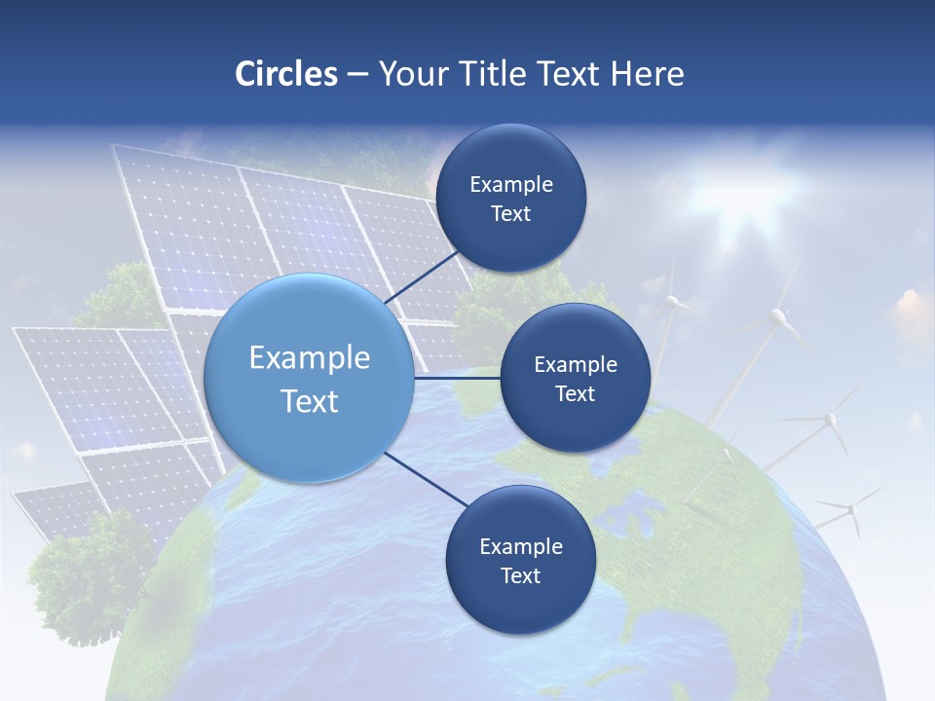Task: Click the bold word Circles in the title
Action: [286, 74]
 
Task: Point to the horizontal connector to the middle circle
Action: [458, 378]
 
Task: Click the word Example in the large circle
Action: [310, 358]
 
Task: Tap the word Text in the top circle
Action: [510, 214]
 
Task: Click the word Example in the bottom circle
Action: [520, 547]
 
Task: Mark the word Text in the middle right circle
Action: [575, 394]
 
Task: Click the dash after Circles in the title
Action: [356, 75]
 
